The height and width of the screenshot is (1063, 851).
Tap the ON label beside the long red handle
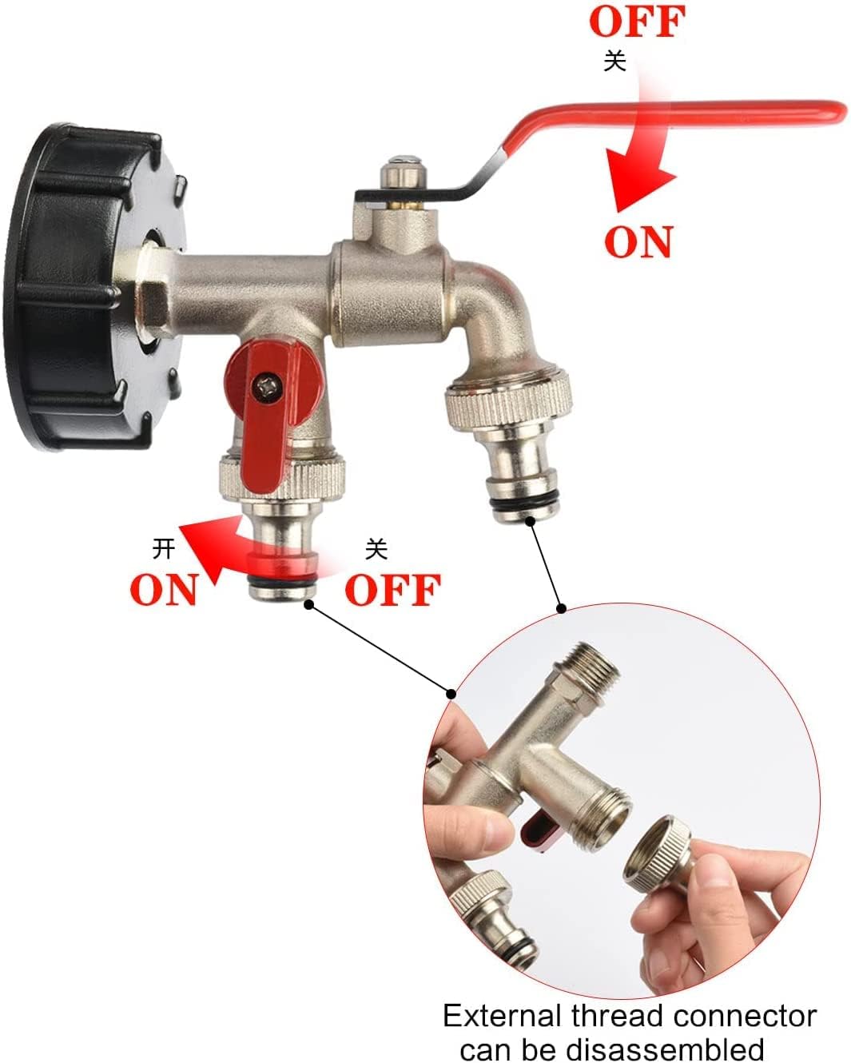[x=638, y=241]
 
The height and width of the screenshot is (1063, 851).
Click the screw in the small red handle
[x=267, y=388]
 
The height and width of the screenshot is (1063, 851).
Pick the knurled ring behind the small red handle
[x=282, y=476]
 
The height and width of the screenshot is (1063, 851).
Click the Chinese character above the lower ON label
[x=163, y=549]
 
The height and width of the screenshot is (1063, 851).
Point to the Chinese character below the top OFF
[x=615, y=62]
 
